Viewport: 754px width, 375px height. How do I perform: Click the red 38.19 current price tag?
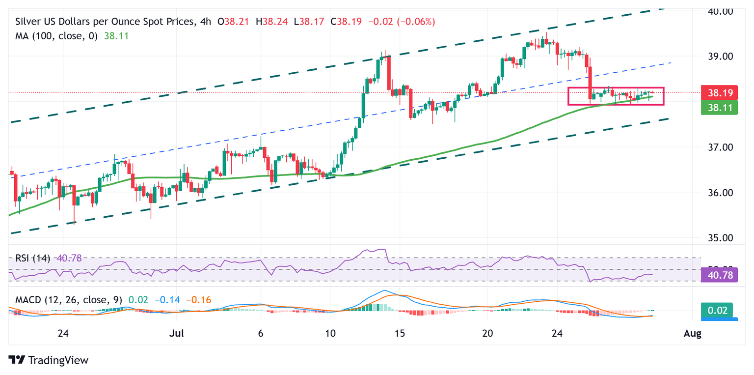(719, 92)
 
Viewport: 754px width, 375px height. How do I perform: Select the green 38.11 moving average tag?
(719, 107)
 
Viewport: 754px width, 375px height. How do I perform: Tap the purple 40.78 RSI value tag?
(719, 276)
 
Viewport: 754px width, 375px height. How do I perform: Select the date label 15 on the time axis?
(400, 334)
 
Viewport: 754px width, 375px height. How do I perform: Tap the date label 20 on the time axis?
(487, 334)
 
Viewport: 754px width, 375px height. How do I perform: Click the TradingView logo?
(49, 360)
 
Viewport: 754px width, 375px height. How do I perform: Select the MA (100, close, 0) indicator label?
(57, 36)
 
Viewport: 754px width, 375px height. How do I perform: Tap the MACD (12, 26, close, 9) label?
(69, 299)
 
